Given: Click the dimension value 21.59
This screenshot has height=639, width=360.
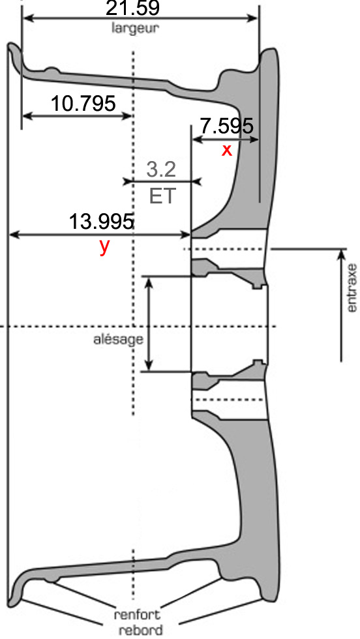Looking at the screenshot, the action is [132, 7].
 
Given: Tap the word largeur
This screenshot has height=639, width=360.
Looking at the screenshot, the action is [135, 29].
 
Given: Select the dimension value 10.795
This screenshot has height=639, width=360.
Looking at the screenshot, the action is [83, 104].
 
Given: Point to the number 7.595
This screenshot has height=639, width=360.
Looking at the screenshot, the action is [227, 126].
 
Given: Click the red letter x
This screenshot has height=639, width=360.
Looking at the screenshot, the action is [227, 151].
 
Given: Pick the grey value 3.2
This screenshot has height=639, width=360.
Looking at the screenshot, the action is [161, 170].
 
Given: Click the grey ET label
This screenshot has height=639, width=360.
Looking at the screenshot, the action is [162, 196].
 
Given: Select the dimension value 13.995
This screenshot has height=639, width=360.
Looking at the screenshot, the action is [101, 222].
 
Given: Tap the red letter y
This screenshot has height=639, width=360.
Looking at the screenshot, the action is [104, 247].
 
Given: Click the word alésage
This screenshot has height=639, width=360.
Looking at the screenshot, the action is [118, 340].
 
